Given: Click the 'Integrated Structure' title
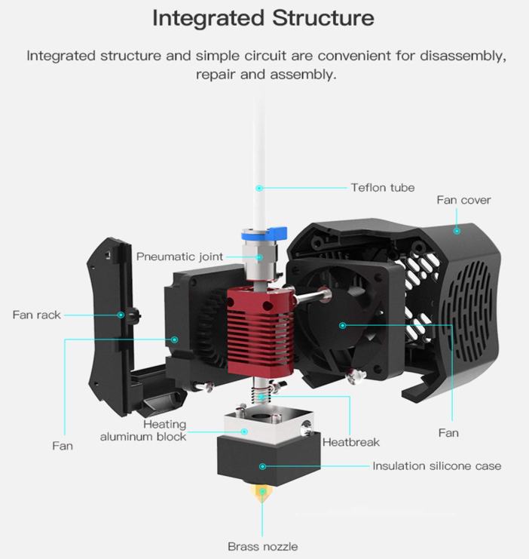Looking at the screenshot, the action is tap(263, 18).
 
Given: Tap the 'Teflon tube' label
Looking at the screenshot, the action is tap(383, 188).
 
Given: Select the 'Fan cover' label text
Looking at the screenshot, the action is tap(463, 200).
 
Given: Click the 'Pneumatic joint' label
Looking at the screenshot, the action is tap(180, 256).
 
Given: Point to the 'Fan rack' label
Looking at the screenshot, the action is tap(37, 315).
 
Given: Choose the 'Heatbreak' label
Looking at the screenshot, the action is tap(351, 442).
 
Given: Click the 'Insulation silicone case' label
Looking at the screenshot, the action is tap(437, 466).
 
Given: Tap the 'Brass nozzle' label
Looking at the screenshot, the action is tap(263, 546).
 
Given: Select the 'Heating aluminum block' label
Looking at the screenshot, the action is tap(143, 430).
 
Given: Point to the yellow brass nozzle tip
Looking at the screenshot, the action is tap(262, 493).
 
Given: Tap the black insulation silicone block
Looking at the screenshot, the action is tap(268, 460).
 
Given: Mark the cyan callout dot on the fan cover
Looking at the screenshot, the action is tap(457, 231).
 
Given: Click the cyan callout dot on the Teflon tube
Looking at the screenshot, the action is tap(259, 188).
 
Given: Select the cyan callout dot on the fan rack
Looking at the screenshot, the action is tap(121, 315).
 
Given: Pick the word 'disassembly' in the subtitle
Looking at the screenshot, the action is tap(463, 57).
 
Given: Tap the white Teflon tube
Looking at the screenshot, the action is tap(259, 161).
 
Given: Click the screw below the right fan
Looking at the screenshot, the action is tap(356, 376).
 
